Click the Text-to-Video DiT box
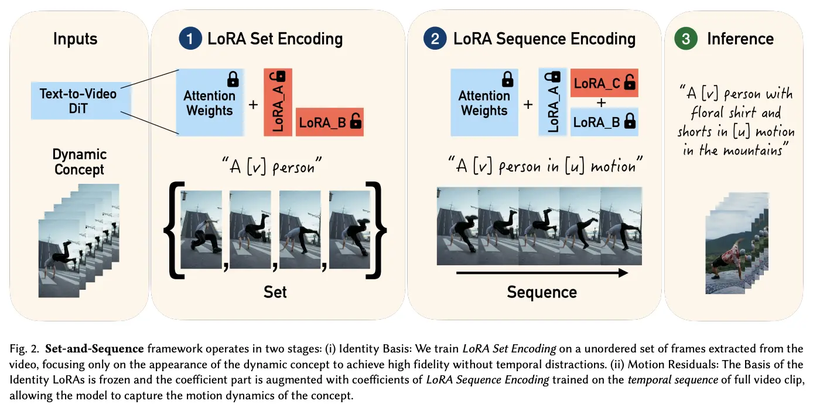[x=81, y=101]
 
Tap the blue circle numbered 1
[x=190, y=39]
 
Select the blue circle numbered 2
[x=435, y=39]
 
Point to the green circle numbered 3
[x=686, y=39]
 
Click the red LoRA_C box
[x=604, y=83]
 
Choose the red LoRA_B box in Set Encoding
[x=330, y=122]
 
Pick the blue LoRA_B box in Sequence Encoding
[x=604, y=122]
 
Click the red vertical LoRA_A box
[x=278, y=102]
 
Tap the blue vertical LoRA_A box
[x=553, y=102]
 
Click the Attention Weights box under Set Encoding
[x=210, y=102]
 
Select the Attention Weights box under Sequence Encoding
[x=484, y=102]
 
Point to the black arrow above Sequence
[x=542, y=273]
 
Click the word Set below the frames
[x=275, y=292]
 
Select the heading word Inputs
[x=76, y=39]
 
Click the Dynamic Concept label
[x=80, y=162]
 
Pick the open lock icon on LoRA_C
[x=630, y=83]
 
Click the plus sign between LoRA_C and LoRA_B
[x=602, y=103]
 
